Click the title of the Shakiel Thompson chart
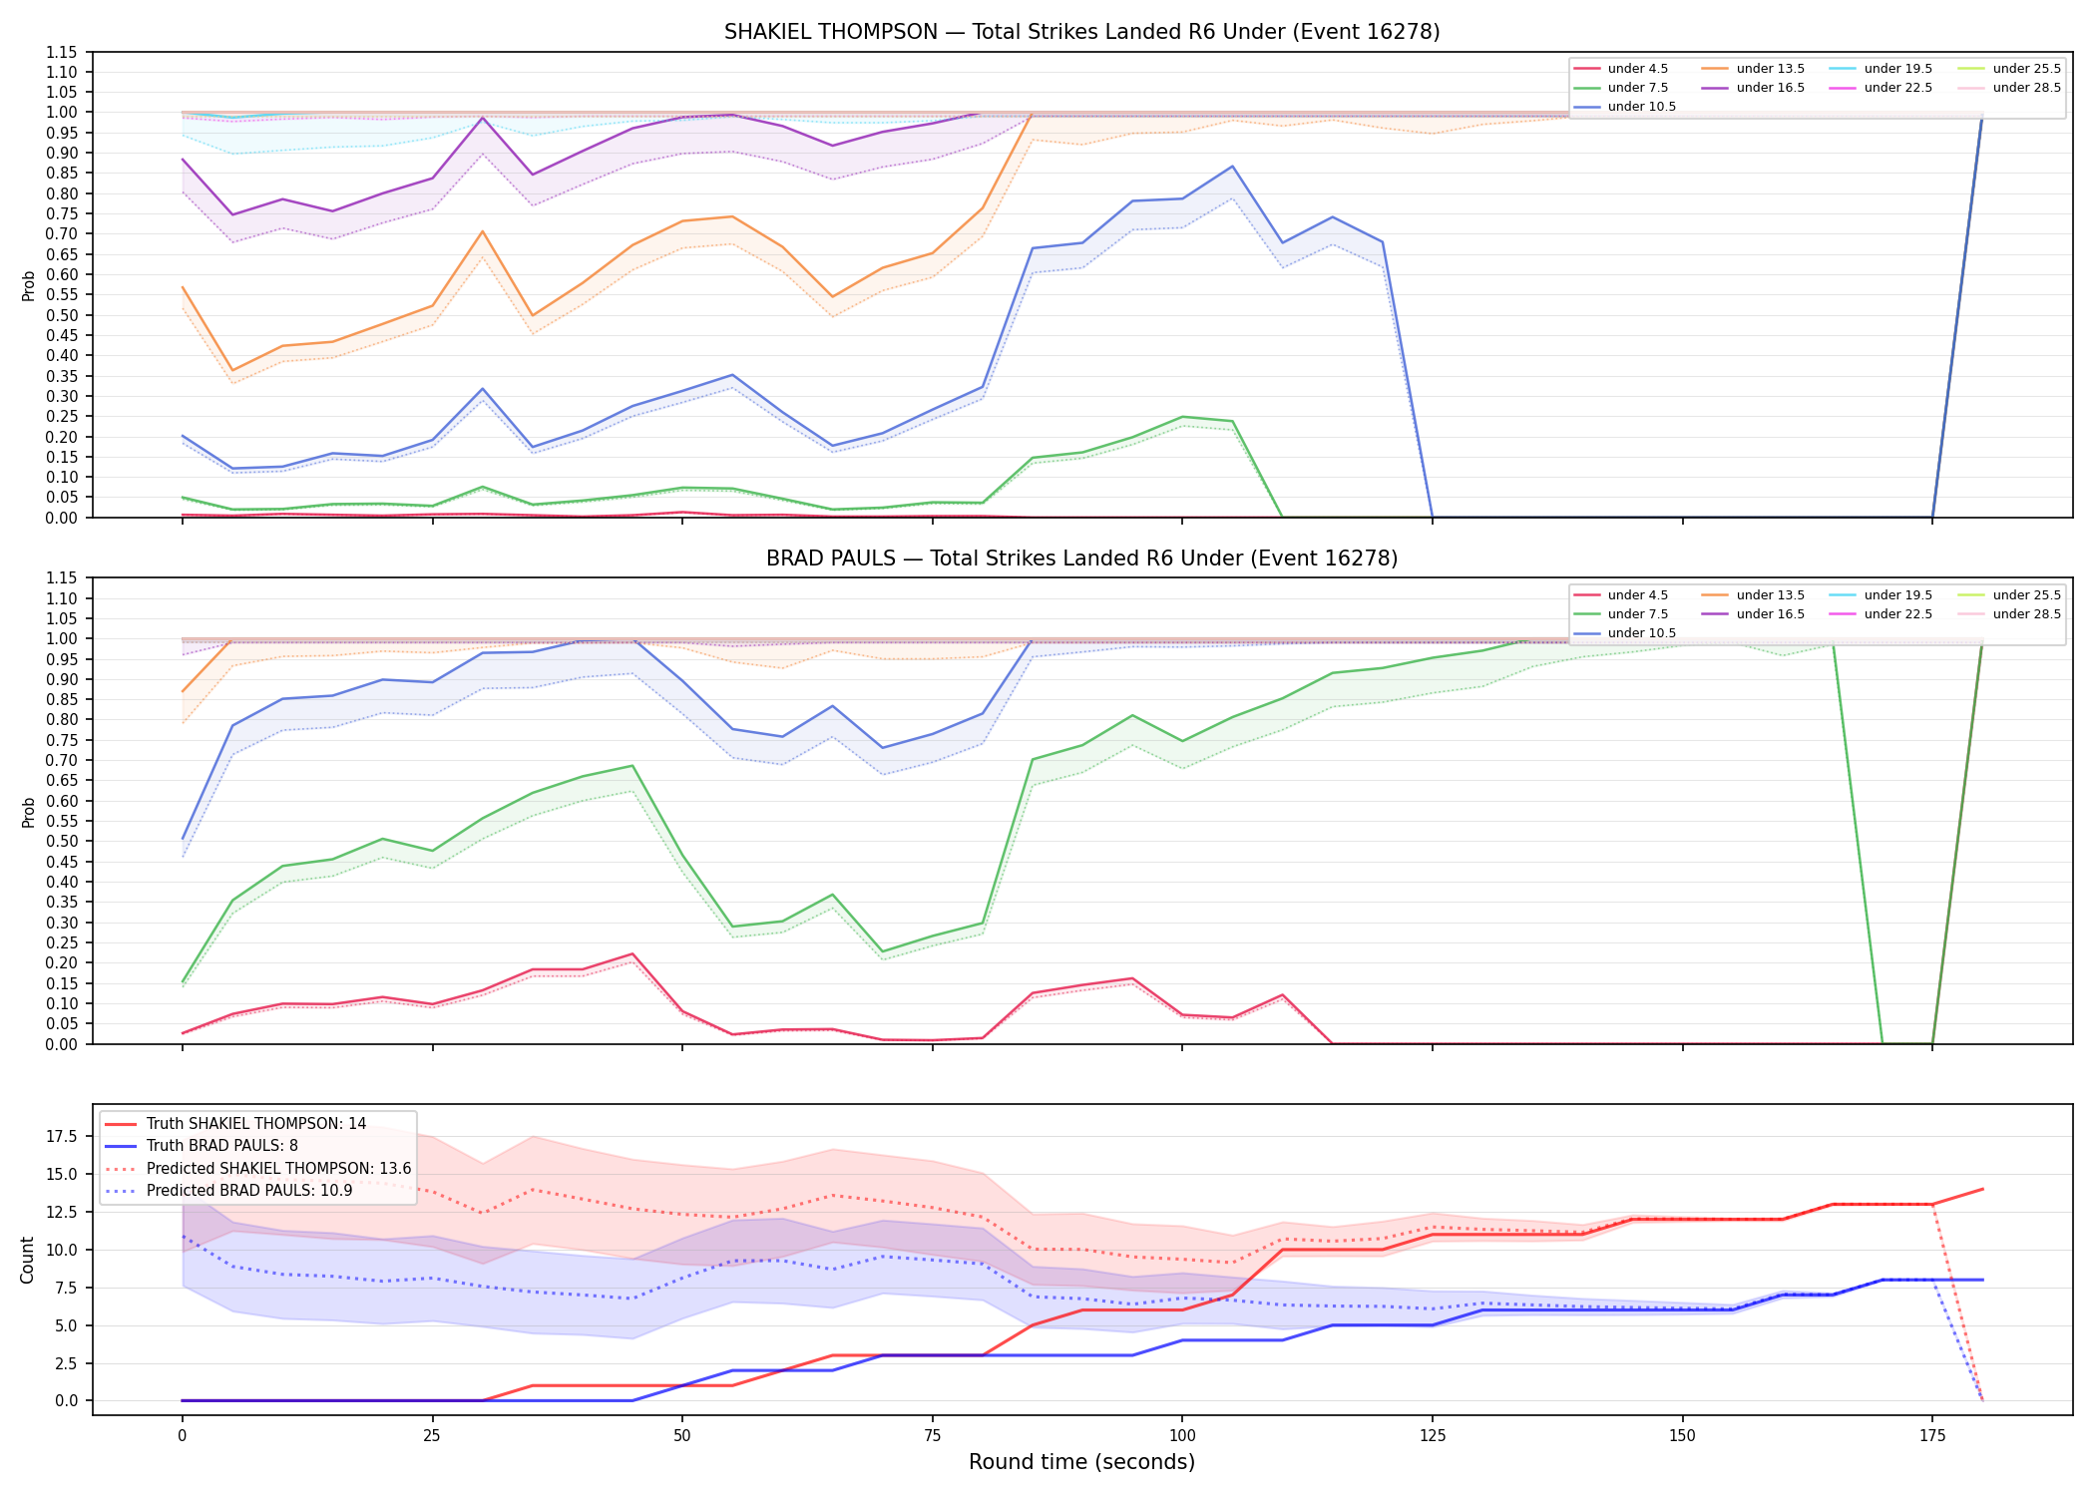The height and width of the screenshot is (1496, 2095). pos(1081,32)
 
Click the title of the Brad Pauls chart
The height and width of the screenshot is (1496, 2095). pos(1081,559)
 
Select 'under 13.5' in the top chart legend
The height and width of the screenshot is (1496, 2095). pos(1771,69)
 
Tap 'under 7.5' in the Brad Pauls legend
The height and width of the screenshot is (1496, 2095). pos(1638,614)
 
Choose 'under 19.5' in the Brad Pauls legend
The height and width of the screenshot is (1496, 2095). pos(1898,595)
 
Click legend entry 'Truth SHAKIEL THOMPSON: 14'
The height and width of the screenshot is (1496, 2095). pos(256,1124)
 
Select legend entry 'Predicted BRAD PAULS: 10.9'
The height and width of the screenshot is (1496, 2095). pos(249,1191)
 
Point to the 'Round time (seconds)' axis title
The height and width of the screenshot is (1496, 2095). pos(1081,1462)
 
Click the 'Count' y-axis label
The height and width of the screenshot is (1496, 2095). pos(28,1260)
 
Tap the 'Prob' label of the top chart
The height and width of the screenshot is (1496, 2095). pos(28,285)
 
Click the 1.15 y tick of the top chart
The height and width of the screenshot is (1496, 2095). pos(62,52)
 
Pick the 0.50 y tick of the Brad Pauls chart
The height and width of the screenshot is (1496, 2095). pos(62,841)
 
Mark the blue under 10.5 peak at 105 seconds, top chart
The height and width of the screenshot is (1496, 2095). pos(1232,167)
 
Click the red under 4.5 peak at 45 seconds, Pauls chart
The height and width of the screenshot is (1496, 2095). pos(632,954)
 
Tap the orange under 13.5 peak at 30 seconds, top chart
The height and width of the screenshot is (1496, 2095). pos(482,231)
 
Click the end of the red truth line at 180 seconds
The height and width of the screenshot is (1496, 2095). pos(1982,1189)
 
